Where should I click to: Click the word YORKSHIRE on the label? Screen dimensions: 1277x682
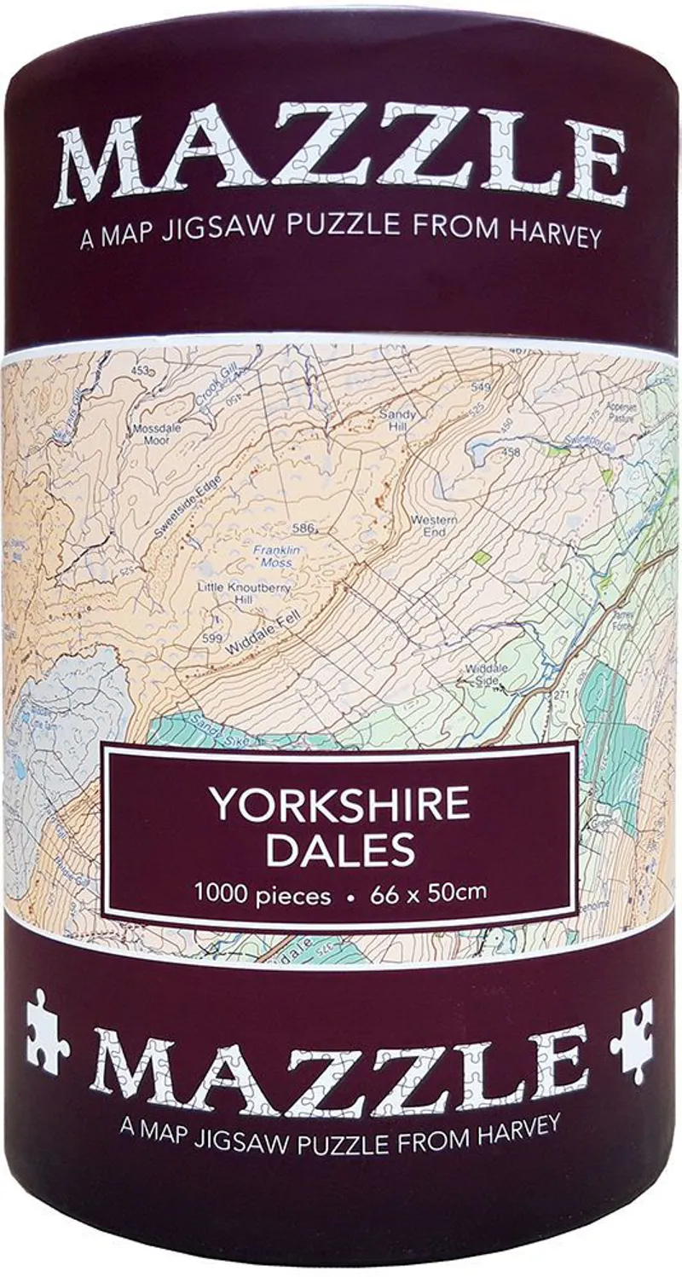pos(340,805)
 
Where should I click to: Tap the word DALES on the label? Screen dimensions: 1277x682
pos(340,848)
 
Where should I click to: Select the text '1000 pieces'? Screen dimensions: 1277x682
pos(262,894)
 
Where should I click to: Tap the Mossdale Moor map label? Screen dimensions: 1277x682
pos(156,435)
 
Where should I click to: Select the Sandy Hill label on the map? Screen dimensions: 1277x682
pos(397,420)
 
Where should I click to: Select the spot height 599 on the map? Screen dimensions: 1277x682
pos(213,638)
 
